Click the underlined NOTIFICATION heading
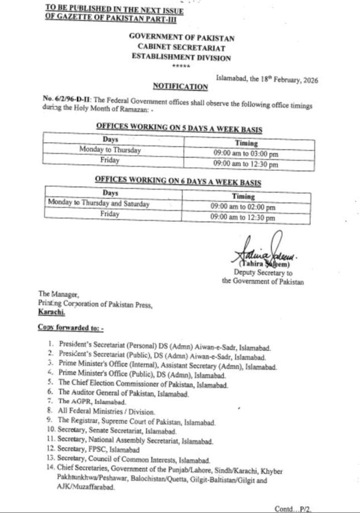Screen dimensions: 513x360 coord(173,87)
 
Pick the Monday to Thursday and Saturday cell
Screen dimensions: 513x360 coord(99,203)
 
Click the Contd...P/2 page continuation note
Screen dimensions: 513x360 coord(295,507)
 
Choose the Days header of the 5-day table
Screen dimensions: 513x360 coord(110,140)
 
